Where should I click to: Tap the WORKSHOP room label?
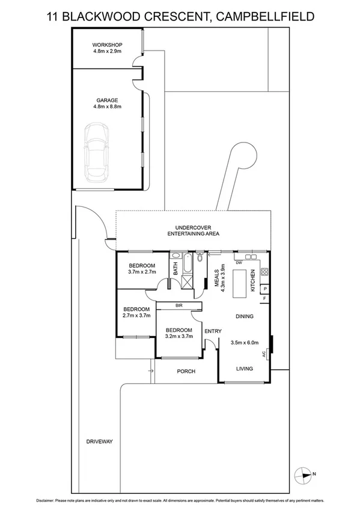click(107, 45)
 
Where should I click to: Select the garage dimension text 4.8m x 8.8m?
click(107, 107)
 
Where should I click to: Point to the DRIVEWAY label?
click(100, 441)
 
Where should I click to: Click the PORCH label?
click(186, 371)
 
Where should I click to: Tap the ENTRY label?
click(213, 331)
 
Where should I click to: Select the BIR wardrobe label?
click(179, 306)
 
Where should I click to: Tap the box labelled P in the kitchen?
click(265, 289)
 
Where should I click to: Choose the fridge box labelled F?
click(265, 299)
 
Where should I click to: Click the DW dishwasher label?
click(239, 263)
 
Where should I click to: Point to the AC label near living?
click(264, 355)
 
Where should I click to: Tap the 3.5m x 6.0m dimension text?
click(245, 343)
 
